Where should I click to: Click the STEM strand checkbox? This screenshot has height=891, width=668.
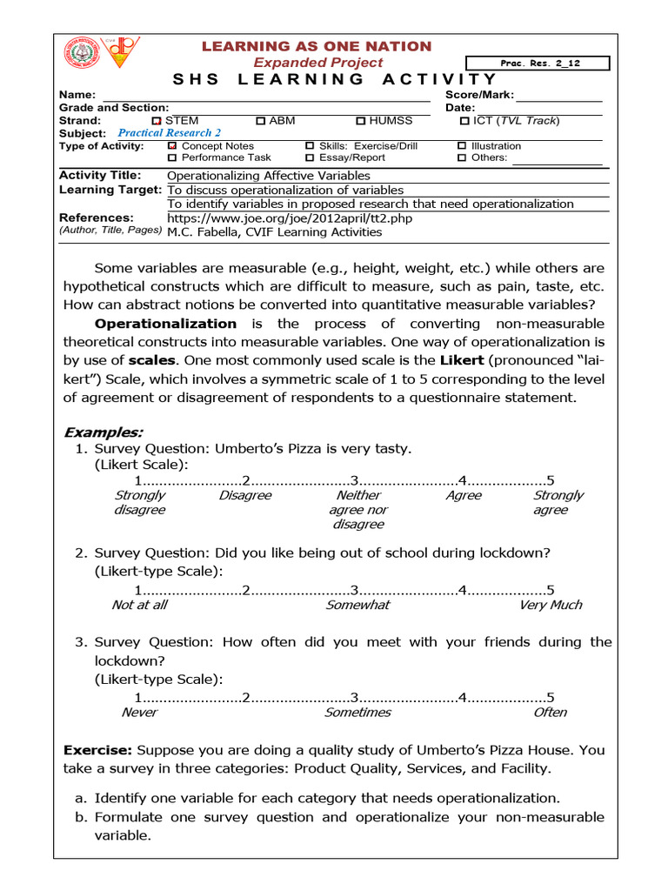(157, 121)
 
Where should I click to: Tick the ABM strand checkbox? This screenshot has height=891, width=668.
(261, 121)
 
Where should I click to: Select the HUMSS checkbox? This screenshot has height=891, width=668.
(361, 121)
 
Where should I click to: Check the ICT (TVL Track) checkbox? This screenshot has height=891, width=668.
(464, 121)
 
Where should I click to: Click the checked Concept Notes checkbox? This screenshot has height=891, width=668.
(172, 146)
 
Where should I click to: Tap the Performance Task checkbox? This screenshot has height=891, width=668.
(172, 158)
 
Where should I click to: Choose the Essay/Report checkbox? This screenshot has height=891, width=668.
(310, 158)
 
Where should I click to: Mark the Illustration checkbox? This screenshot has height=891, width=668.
(462, 146)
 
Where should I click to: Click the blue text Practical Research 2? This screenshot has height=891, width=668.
(170, 133)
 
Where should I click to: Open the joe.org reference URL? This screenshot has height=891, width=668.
(290, 218)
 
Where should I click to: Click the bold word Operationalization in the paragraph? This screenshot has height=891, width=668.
(165, 324)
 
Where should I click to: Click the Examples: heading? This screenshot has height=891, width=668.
(104, 432)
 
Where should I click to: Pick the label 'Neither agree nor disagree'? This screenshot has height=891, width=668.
(358, 510)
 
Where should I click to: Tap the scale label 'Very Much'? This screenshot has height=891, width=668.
(551, 605)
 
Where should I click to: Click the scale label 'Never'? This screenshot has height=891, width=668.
(140, 712)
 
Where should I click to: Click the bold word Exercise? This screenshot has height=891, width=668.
(98, 749)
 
